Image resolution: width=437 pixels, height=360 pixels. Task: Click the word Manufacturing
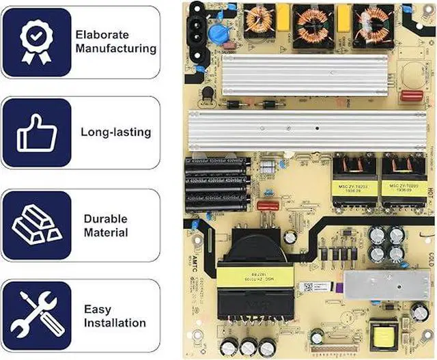tap(116, 49)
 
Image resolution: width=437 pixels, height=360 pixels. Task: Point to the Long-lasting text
tap(116, 132)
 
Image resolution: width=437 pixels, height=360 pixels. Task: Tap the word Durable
tap(106, 219)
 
